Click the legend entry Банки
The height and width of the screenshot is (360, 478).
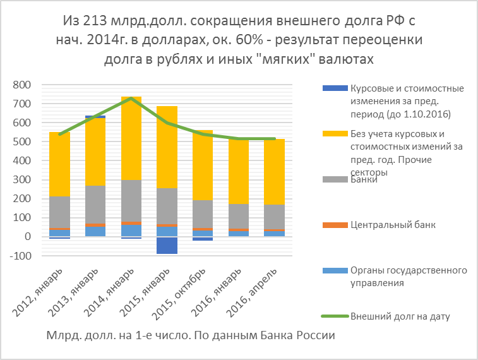point(366,180)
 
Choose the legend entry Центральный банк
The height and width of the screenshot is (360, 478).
point(392,224)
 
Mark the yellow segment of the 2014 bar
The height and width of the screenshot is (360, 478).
point(131,139)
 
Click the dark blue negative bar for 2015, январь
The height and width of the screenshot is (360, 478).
point(167,245)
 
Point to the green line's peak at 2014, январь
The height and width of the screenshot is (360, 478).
point(131,98)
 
